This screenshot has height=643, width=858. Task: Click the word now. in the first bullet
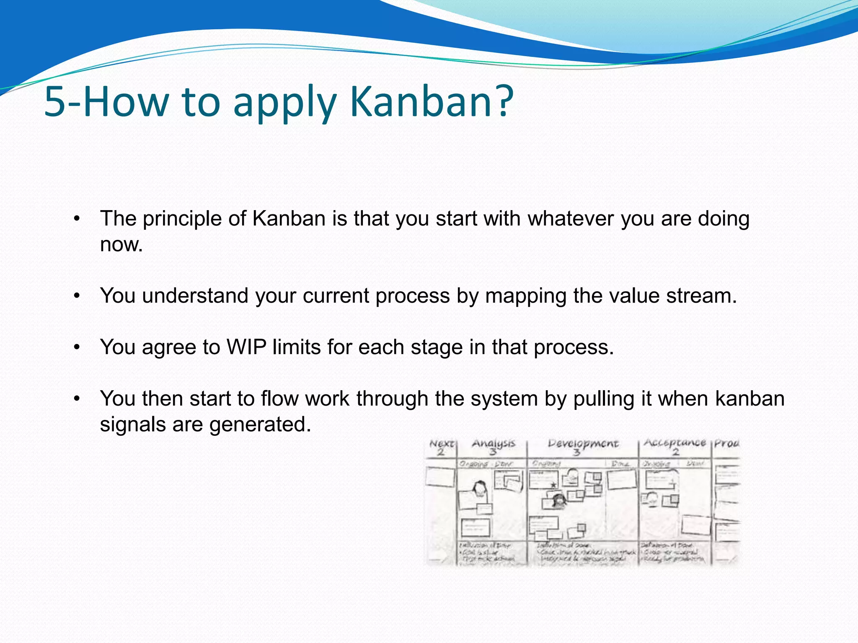[121, 244]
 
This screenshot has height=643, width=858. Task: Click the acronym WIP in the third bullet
[246, 347]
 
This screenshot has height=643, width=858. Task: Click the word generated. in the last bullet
[260, 424]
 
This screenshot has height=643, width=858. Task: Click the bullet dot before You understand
[76, 296]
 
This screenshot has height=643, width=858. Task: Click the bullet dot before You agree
[76, 347]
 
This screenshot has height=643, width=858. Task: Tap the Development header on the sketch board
[583, 444]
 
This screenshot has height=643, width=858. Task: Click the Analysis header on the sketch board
[493, 443]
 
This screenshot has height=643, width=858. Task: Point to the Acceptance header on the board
[675, 443]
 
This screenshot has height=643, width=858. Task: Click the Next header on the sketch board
[441, 443]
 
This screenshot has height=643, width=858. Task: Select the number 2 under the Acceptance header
[675, 452]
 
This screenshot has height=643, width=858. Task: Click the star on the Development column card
[553, 485]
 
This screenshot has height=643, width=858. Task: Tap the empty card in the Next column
[440, 477]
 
